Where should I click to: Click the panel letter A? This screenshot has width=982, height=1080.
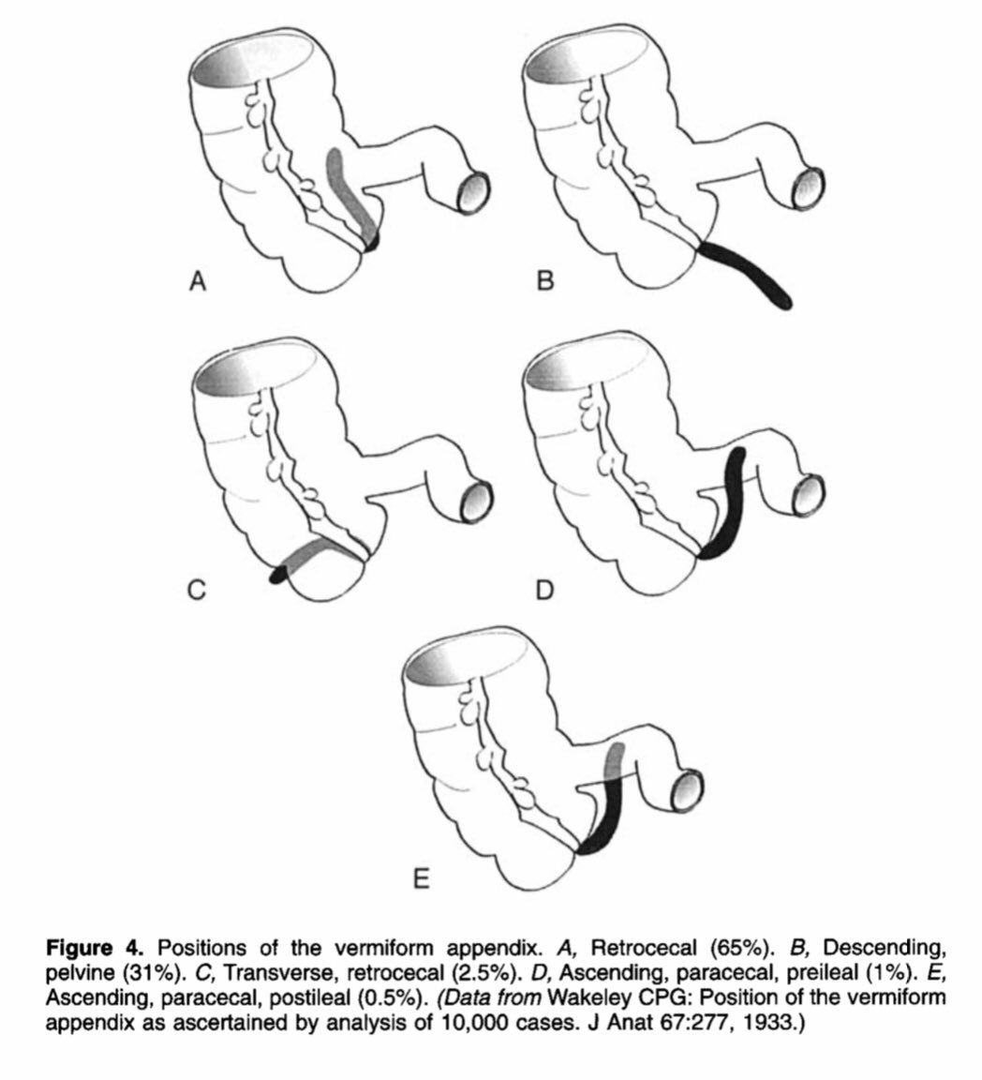point(197,280)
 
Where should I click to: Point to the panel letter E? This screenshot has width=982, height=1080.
point(421,878)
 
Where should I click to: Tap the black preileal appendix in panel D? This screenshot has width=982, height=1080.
point(728,506)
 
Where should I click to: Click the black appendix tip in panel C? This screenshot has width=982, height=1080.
point(278,576)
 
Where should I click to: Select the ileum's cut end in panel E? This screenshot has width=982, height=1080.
point(689,790)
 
